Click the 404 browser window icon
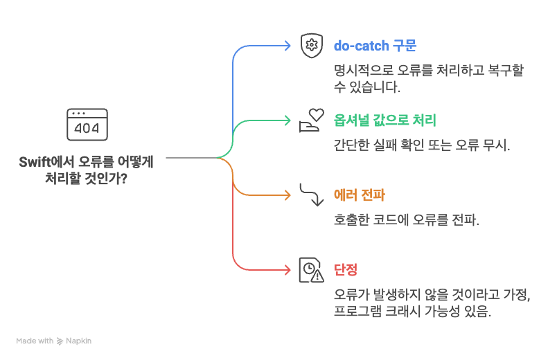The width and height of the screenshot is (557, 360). click(x=87, y=124)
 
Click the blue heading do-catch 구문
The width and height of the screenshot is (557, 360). click(x=375, y=46)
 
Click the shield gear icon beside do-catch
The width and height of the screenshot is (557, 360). click(x=312, y=46)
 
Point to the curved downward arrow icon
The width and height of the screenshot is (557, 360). click(x=312, y=195)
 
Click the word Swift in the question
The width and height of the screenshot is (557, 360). click(x=33, y=162)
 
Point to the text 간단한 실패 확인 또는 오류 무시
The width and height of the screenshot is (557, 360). click(x=421, y=145)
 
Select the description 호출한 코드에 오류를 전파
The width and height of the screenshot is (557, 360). click(x=407, y=220)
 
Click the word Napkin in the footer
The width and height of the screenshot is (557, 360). click(x=79, y=341)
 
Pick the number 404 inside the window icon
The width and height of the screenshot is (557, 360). click(x=87, y=128)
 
